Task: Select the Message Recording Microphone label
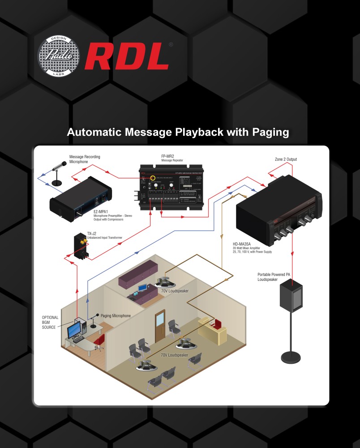[84, 159]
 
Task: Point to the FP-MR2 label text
[168, 156]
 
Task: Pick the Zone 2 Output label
[286, 159]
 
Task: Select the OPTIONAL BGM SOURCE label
[50, 322]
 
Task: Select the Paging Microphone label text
[116, 316]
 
